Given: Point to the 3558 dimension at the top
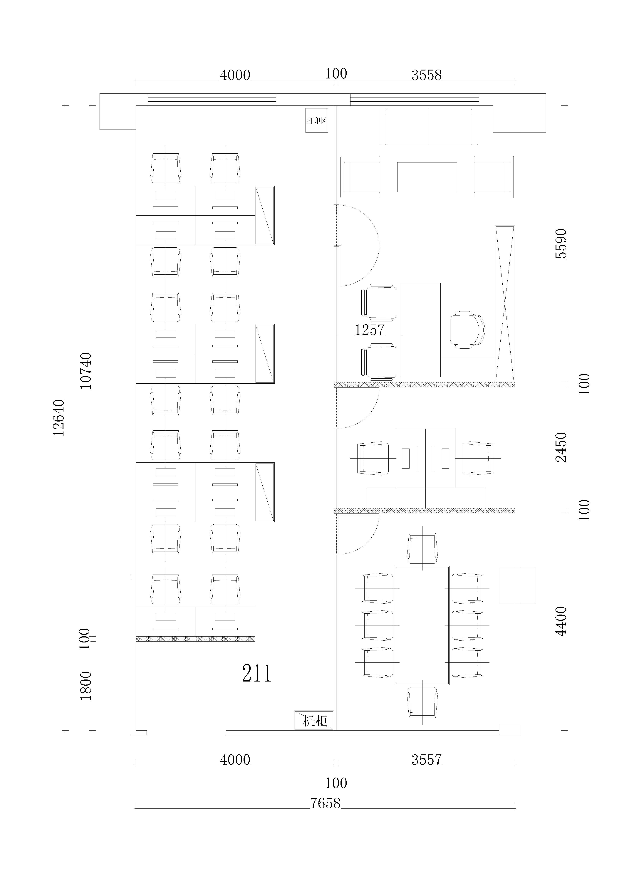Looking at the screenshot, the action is coord(427,75).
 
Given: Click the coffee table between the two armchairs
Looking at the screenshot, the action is coord(427,177).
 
